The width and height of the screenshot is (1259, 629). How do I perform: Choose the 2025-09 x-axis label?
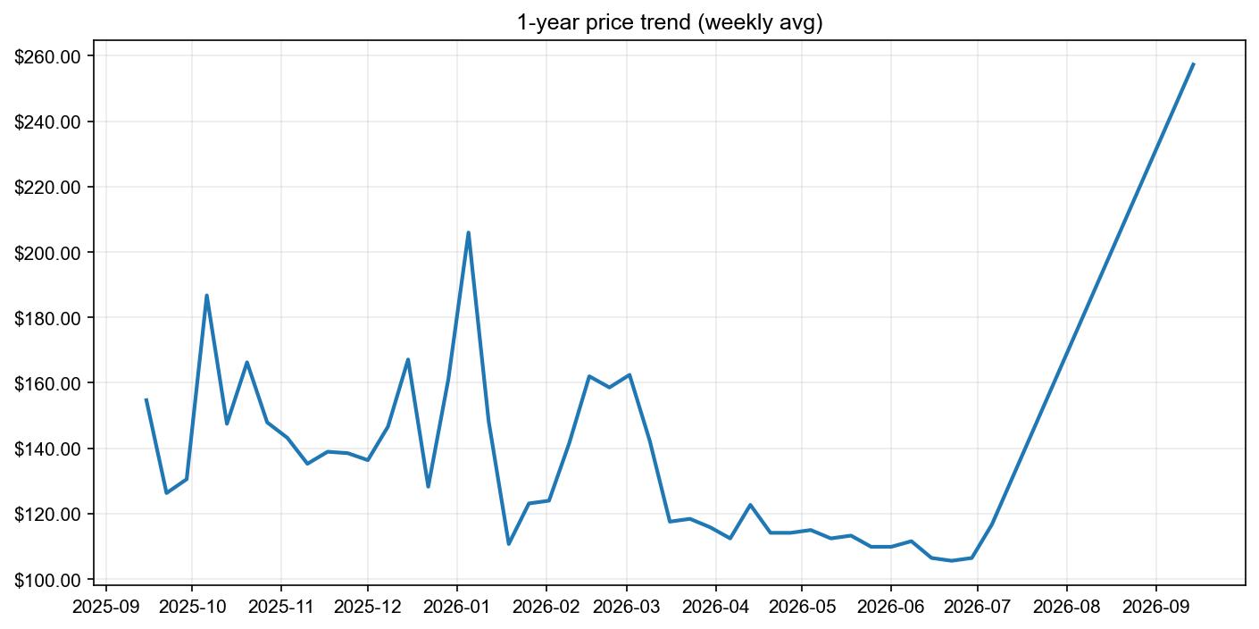(106, 606)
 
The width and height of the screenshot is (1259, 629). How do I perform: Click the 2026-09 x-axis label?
(1155, 606)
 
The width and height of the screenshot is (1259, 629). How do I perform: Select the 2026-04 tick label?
(716, 606)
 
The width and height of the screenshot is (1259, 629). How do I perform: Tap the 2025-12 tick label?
(368, 606)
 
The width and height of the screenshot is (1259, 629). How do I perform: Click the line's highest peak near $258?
(1193, 64)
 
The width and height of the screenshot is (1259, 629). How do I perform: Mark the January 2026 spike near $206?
(468, 232)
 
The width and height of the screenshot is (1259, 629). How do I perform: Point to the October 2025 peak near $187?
(206, 296)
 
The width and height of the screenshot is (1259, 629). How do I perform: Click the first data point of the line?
(146, 399)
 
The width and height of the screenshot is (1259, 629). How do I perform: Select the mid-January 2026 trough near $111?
(508, 543)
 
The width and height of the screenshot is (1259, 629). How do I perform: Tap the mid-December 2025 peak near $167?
(408, 359)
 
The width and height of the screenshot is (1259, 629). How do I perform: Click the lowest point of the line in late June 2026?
(951, 560)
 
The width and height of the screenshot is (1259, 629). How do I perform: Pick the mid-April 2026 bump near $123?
(750, 505)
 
